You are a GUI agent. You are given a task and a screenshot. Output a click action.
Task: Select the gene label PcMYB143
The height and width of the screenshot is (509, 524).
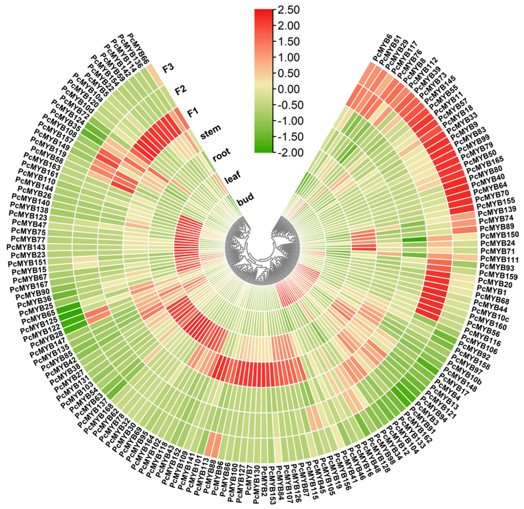click(x=24, y=246)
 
